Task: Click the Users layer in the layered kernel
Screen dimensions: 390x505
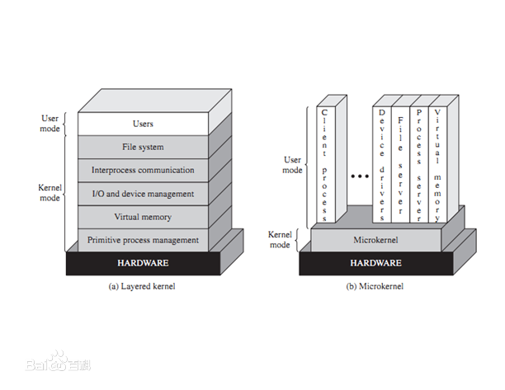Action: (143, 124)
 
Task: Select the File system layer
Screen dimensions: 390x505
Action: (143, 147)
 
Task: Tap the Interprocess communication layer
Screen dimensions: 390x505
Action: (143, 170)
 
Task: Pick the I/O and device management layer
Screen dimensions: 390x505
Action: (143, 194)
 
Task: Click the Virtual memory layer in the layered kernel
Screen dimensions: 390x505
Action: (143, 217)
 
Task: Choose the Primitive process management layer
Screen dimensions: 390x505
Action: (143, 240)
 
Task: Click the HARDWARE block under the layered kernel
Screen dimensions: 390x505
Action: (143, 263)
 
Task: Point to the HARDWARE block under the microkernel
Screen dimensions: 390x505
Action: (375, 263)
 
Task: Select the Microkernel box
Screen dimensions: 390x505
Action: (375, 239)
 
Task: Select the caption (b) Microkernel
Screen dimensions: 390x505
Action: (375, 286)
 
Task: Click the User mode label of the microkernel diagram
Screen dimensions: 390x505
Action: (292, 165)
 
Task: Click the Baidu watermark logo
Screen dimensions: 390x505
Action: (58, 364)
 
